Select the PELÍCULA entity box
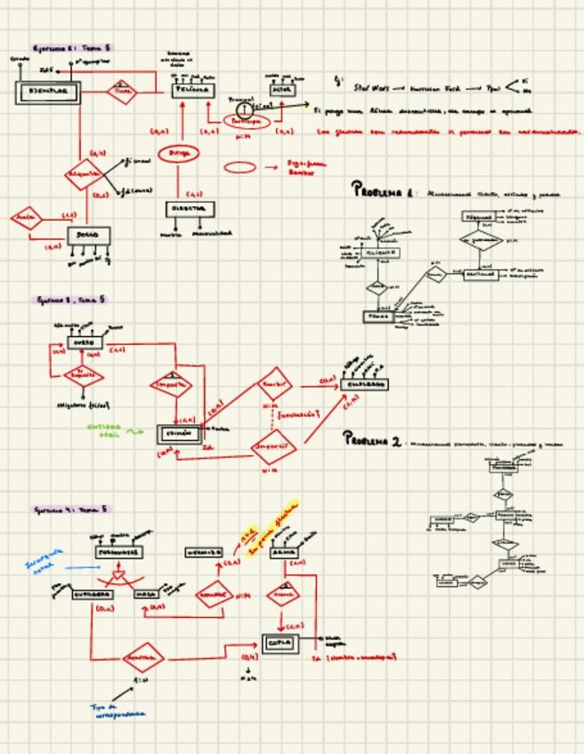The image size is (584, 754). [x=191, y=90]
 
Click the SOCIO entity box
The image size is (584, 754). [x=89, y=236]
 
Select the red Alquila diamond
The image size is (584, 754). [x=85, y=174]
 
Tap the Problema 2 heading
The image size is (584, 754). [x=374, y=440]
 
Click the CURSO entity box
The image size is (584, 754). [x=85, y=342]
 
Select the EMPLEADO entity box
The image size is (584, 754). [x=364, y=384]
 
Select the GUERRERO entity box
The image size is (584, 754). [x=92, y=594]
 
